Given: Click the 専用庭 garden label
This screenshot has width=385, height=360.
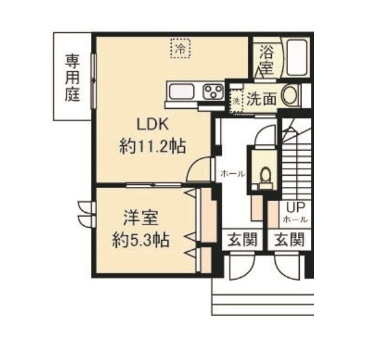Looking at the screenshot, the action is (72, 78).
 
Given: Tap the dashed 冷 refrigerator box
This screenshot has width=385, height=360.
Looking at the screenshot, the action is (180, 48).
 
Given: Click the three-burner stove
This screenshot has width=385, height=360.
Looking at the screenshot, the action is (213, 92).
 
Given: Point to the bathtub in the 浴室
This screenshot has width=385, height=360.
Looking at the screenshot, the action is (297, 58).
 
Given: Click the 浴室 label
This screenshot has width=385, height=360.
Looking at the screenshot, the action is (267, 59).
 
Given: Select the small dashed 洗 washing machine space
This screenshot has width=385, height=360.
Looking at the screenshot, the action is (236, 101).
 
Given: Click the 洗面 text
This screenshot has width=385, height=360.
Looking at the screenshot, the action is (262, 99).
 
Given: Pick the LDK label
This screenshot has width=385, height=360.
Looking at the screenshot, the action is (153, 124).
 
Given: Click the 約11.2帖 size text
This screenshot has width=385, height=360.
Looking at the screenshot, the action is (152, 147).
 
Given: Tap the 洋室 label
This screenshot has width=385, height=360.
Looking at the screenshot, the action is (141, 218).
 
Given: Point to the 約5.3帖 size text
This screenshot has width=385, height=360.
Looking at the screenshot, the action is (141, 240).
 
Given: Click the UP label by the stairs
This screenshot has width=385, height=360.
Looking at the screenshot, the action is (295, 208).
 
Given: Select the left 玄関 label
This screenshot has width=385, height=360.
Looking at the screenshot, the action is (242, 239).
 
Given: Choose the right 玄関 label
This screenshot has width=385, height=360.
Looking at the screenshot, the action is (289, 239).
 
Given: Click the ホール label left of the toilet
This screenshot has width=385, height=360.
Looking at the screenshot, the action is (233, 174).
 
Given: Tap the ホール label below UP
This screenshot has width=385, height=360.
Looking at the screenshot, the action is (295, 220).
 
